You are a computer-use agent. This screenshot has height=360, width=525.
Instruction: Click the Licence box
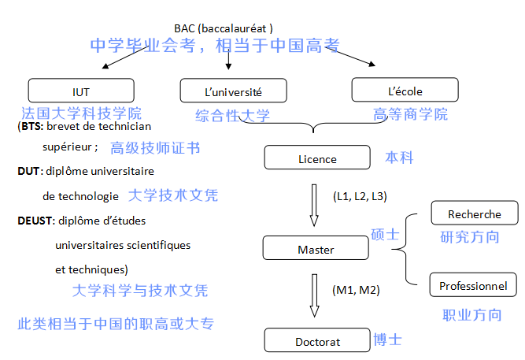pyautogui.click(x=317, y=158)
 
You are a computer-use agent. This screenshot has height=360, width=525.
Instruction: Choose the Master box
pyautogui.click(x=316, y=250)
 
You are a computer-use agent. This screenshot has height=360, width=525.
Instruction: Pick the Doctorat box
pyautogui.click(x=317, y=341)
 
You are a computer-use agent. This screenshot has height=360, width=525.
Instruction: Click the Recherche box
pyautogui.click(x=474, y=214)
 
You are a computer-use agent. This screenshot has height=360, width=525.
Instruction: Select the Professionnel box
pyautogui.click(x=473, y=285)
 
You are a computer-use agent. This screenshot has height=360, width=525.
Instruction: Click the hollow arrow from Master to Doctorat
pyautogui.click(x=314, y=295)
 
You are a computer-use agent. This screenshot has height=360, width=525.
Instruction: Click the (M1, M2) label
pyautogui.click(x=356, y=290)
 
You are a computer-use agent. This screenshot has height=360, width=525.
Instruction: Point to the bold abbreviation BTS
pyautogui.click(x=31, y=125)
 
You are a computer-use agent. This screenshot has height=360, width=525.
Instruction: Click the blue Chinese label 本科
pyautogui.click(x=399, y=158)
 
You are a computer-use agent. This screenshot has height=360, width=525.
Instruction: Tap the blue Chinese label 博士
pyautogui.click(x=386, y=340)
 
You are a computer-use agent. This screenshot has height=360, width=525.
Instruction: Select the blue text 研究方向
pyautogui.click(x=470, y=236)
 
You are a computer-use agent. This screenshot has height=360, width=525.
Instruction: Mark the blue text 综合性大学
pyautogui.click(x=232, y=115)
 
